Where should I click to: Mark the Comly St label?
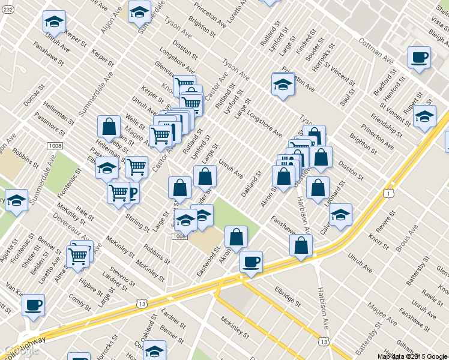79,298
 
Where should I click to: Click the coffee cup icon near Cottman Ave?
419,58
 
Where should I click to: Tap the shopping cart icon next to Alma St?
77,256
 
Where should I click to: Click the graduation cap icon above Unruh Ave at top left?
54,22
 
